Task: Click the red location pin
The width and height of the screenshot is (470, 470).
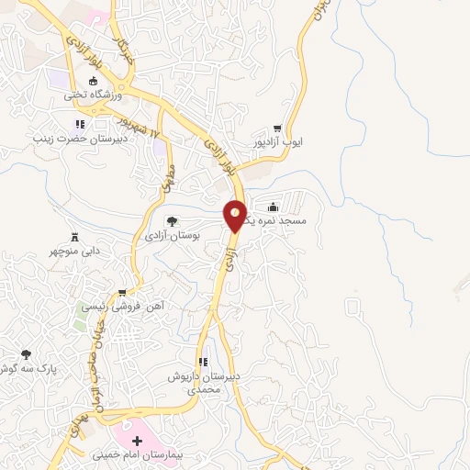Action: (x=236, y=215)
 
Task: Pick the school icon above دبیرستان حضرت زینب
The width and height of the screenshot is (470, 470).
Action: (x=80, y=124)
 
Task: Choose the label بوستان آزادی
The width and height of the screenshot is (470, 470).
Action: (x=173, y=236)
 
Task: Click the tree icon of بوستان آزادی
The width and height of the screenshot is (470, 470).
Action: (x=172, y=220)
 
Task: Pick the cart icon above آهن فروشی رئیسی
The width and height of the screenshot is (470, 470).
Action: (x=121, y=294)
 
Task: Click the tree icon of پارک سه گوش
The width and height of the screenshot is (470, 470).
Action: (x=26, y=353)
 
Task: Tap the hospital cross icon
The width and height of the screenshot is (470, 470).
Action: (x=138, y=441)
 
